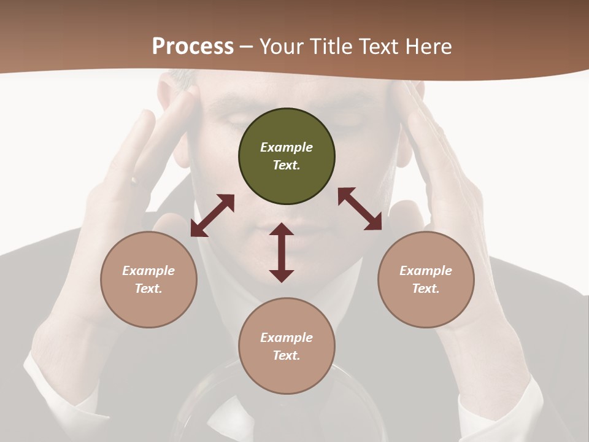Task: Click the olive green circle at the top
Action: (287, 157)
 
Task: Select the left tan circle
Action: (148, 279)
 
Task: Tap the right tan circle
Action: (426, 279)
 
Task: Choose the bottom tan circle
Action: (287, 346)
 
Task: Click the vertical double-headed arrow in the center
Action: (282, 252)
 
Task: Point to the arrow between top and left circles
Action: (212, 215)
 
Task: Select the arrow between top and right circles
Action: (360, 209)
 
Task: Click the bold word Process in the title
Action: (193, 46)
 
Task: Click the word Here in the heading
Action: (427, 46)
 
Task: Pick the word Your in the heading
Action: (283, 46)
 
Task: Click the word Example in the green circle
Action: (287, 147)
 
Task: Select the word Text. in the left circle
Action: (148, 289)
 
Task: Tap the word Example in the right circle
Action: (426, 271)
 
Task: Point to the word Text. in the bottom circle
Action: (287, 355)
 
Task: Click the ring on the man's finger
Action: (134, 180)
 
